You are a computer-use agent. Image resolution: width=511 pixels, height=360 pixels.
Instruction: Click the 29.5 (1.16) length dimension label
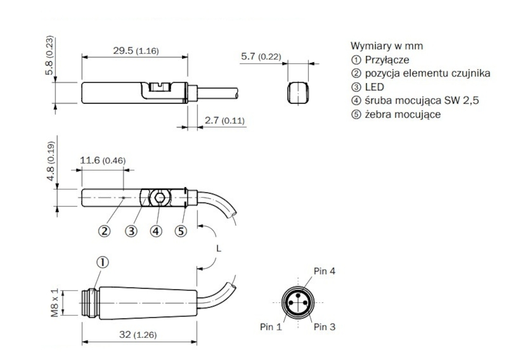tap(136, 51)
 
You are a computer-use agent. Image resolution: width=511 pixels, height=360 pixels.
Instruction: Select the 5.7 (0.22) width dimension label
tap(261, 57)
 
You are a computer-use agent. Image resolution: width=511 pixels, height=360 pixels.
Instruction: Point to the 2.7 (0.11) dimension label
tap(224, 120)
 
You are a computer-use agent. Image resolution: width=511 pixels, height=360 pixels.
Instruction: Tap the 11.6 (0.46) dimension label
tap(102, 160)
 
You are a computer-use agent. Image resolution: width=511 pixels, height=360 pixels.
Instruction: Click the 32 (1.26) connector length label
tap(138, 335)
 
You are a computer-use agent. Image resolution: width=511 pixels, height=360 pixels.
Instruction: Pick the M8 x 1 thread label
tap(55, 303)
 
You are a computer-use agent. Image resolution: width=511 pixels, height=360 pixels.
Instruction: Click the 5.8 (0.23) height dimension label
tap(49, 56)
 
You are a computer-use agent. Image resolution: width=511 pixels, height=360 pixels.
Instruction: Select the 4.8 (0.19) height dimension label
tap(50, 161)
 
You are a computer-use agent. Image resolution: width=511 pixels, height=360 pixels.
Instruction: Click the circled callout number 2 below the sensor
tap(104, 231)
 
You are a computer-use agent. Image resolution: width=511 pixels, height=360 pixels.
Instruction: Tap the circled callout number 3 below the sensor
tap(131, 231)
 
